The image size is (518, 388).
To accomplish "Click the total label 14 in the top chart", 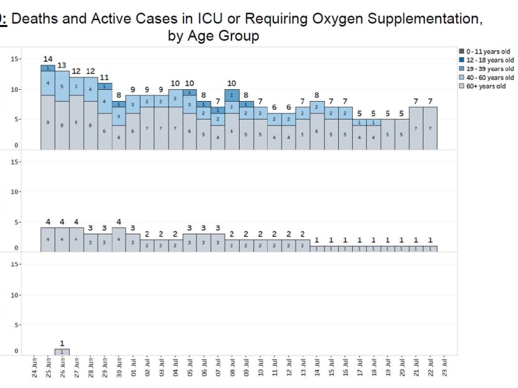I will [48, 59].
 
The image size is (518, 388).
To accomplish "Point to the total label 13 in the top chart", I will [62, 65].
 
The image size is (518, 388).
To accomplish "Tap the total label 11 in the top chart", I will [104, 77].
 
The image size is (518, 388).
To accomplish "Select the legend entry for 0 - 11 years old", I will [487, 51].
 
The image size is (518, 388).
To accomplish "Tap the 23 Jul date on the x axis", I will [444, 367].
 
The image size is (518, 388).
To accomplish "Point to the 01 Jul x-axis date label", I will [133, 367].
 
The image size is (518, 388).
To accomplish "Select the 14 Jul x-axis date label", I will [317, 367].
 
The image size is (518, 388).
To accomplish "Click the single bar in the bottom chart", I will [62, 352].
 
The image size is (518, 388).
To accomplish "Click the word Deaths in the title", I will [39, 19].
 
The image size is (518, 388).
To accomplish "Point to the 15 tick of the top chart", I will [14, 59].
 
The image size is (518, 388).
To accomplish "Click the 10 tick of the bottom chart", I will [14, 295].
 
